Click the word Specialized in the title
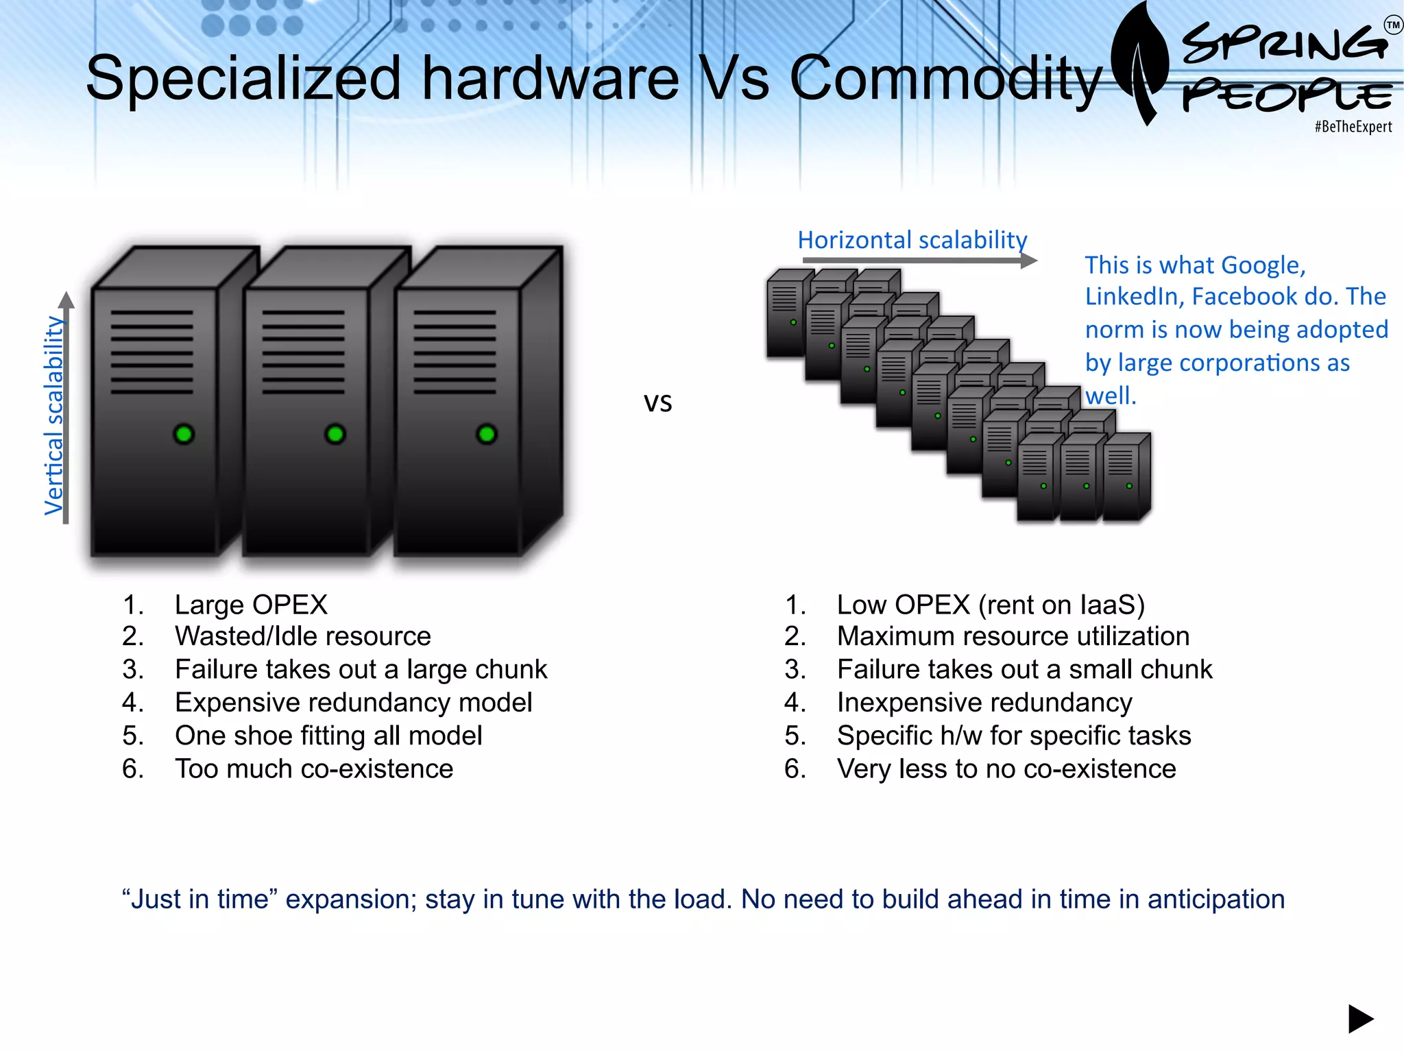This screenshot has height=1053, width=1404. pyautogui.click(x=243, y=80)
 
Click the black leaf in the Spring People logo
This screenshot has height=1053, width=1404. pyautogui.click(x=1140, y=62)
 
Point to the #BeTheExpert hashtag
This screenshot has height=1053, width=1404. pyautogui.click(x=1353, y=127)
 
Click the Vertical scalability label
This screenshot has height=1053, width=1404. pyautogui.click(x=53, y=415)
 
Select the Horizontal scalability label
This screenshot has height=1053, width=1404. pyautogui.click(x=912, y=240)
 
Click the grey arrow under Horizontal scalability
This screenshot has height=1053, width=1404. pyautogui.click(x=919, y=261)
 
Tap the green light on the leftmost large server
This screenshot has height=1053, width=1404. pyautogui.click(x=184, y=434)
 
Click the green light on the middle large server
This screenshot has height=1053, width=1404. pyautogui.click(x=335, y=434)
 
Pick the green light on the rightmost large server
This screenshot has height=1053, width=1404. pyautogui.click(x=487, y=434)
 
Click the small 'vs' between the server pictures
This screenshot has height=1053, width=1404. pyautogui.click(x=657, y=402)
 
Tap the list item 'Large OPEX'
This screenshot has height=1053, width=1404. pyautogui.click(x=251, y=605)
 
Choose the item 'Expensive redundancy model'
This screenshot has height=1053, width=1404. pyautogui.click(x=353, y=703)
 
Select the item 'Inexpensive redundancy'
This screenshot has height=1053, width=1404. pyautogui.click(x=984, y=703)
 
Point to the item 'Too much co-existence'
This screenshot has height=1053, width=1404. pyautogui.click(x=314, y=769)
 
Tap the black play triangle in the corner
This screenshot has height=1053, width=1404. pyautogui.click(x=1359, y=1019)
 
